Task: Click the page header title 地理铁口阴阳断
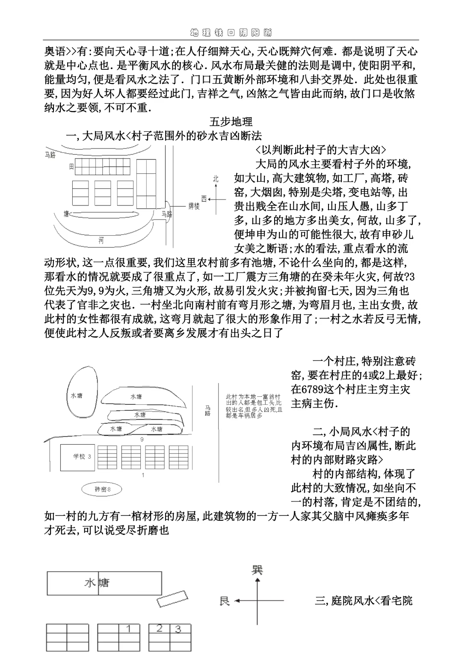point(231,33)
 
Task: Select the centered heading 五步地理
point(231,122)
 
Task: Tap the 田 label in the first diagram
point(71,166)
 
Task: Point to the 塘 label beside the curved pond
point(66,214)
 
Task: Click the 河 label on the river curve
point(101,240)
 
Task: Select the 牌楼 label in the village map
point(194,206)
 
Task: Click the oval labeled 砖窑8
point(102,489)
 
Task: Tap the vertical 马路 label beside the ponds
point(208,411)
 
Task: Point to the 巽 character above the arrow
point(257,570)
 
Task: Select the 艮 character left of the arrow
point(225,601)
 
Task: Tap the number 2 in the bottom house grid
point(159,628)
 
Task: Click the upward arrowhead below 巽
point(257,580)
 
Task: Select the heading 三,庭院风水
point(363,600)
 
